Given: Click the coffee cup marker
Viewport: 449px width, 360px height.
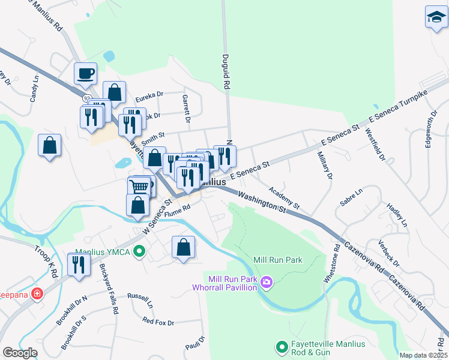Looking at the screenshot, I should [85, 74].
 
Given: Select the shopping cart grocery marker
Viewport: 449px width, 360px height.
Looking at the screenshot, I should [139, 187].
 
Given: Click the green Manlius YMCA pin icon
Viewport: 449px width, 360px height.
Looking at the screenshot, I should [140, 251].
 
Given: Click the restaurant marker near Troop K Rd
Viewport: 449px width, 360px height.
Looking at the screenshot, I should [79, 264].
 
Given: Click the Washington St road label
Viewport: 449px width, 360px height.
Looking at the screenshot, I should [262, 202].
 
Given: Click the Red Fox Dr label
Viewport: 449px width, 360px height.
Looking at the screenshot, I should [158, 322].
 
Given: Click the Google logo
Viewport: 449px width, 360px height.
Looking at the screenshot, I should [20, 353].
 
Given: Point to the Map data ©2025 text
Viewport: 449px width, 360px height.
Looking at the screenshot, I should [424, 355].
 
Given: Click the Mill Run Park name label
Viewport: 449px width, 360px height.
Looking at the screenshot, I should [278, 260].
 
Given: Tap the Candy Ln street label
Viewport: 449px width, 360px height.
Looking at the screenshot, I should [34, 87].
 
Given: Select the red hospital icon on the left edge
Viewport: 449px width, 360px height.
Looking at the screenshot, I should [37, 294].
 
